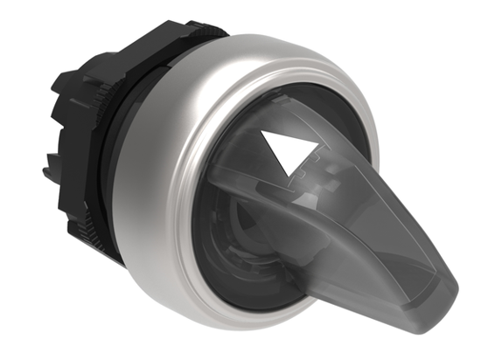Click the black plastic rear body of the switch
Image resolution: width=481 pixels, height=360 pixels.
pyautogui.click(x=70, y=149)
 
